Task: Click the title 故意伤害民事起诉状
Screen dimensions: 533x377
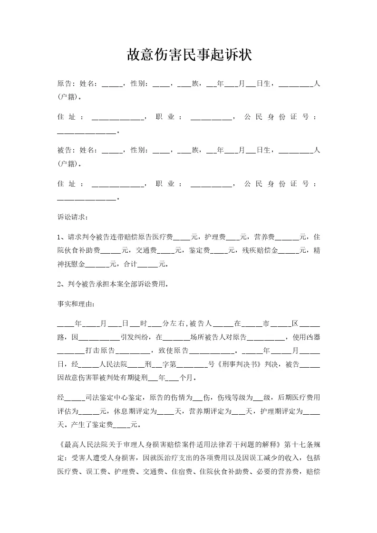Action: (188, 56)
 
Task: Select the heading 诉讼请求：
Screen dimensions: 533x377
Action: (73, 217)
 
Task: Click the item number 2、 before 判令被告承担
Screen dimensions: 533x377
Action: (60, 284)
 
